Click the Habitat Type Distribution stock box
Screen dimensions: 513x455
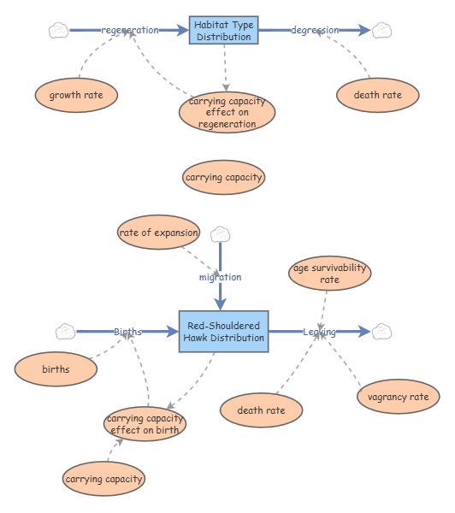click(223, 31)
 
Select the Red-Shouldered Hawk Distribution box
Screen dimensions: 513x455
click(223, 332)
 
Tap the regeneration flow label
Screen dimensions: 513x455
click(130, 31)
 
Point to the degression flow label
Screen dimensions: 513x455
click(315, 31)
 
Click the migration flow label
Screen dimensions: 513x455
click(221, 277)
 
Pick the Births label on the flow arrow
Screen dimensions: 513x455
click(128, 332)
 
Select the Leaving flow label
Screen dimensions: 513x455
click(319, 332)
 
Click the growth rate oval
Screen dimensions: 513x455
click(76, 94)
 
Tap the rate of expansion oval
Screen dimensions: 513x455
click(159, 233)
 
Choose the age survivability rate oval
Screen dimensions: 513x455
click(330, 274)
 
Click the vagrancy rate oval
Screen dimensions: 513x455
click(398, 397)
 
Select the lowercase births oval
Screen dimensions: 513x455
click(56, 369)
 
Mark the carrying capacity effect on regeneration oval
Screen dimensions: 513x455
click(227, 113)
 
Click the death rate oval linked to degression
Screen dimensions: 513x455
click(378, 94)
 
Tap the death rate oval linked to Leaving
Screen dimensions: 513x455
click(261, 410)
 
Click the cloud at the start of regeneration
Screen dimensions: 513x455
click(58, 31)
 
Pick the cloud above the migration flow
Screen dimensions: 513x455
click(221, 233)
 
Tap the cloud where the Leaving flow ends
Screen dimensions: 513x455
click(381, 332)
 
